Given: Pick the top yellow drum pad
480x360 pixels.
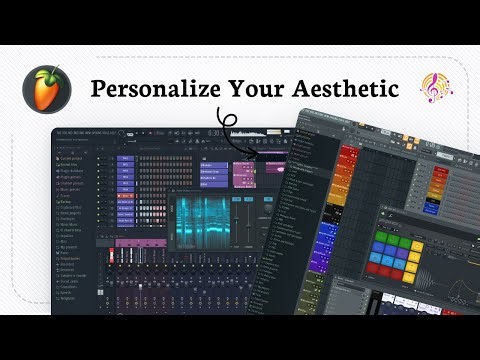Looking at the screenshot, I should (x=430, y=239).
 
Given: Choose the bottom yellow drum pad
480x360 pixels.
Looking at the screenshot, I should (x=430, y=269).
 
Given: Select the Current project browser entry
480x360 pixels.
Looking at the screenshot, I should (x=76, y=157).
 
